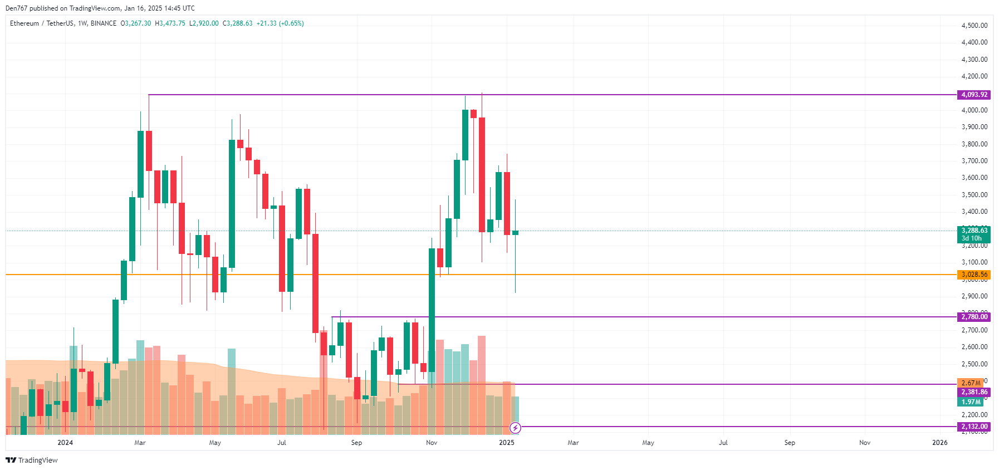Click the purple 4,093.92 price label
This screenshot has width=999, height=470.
[x=974, y=95]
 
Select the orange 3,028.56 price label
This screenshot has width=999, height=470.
[x=974, y=275]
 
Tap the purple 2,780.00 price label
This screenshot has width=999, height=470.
[x=974, y=317]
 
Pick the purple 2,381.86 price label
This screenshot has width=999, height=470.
[x=974, y=392]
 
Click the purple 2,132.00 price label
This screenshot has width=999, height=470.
[x=974, y=427]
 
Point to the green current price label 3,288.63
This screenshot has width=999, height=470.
[x=974, y=231]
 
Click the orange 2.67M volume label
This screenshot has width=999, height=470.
[x=971, y=383]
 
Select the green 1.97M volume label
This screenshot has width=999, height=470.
[x=971, y=402]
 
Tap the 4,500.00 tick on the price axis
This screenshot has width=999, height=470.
[x=974, y=26]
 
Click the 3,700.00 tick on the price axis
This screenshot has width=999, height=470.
[x=974, y=161]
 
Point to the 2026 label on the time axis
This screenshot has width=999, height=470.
[x=939, y=443]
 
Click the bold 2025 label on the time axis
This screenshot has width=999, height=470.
[x=506, y=443]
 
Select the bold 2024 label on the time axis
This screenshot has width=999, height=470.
[x=65, y=443]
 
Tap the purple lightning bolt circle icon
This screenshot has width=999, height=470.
[x=516, y=428]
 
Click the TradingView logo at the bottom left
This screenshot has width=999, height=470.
[x=32, y=460]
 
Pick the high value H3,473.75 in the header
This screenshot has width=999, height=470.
[x=170, y=23]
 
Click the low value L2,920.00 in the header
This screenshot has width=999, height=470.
[x=204, y=23]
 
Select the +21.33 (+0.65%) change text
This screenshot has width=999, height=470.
[x=280, y=23]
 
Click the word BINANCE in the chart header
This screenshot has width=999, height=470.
[x=104, y=23]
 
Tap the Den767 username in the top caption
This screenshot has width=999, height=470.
[x=16, y=8]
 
